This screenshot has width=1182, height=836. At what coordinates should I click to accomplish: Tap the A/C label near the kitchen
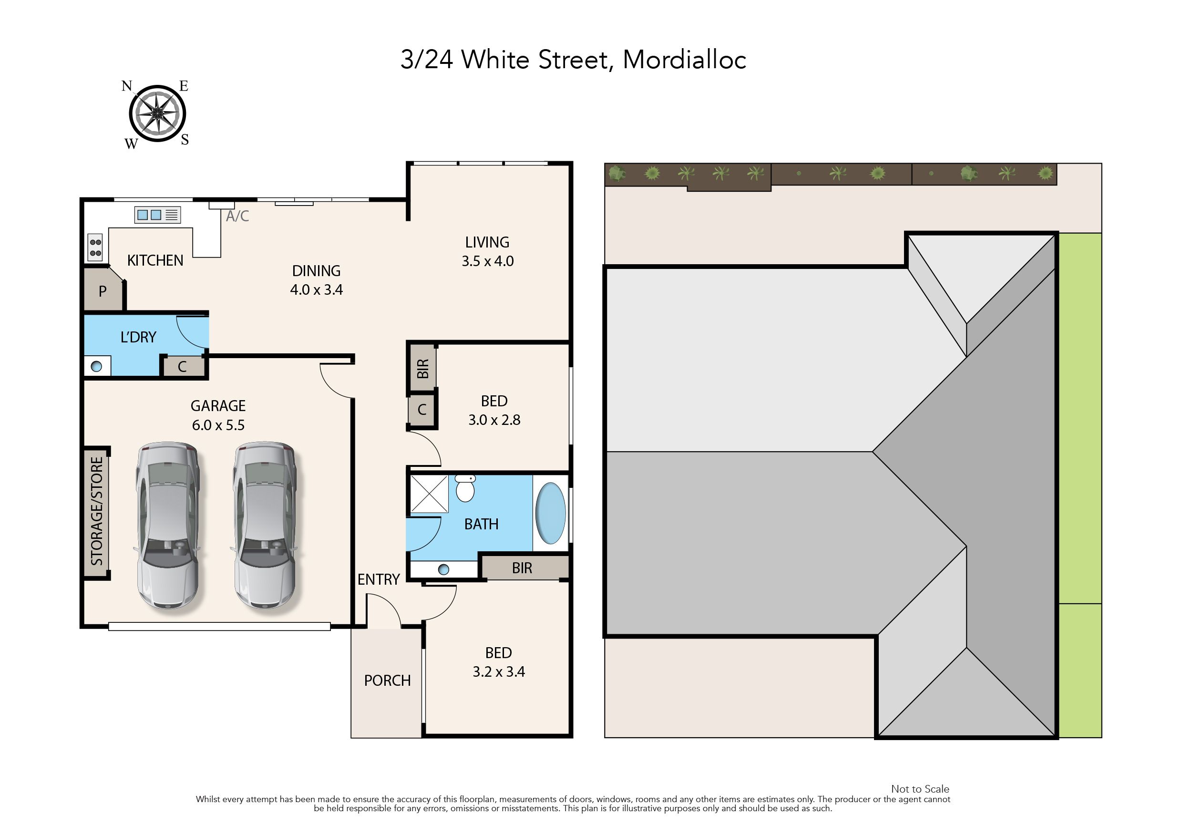237,216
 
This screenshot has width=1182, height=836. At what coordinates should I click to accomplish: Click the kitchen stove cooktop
95,248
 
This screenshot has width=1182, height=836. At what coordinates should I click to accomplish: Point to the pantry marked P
103,291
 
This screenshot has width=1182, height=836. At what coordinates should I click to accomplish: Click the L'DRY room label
138,337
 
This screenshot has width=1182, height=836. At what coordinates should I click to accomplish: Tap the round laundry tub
97,367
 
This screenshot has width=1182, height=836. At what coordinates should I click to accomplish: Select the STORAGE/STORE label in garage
97,511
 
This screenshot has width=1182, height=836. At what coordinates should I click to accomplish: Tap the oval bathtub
550,513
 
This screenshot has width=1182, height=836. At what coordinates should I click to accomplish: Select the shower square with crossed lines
429,494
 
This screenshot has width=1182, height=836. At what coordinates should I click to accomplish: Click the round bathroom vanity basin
443,569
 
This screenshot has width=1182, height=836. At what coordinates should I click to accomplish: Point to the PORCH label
387,681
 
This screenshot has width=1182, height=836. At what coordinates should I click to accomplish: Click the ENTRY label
379,579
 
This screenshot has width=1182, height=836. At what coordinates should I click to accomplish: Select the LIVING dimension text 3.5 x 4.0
487,261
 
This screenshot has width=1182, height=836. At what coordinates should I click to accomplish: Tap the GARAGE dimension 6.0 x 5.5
218,425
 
